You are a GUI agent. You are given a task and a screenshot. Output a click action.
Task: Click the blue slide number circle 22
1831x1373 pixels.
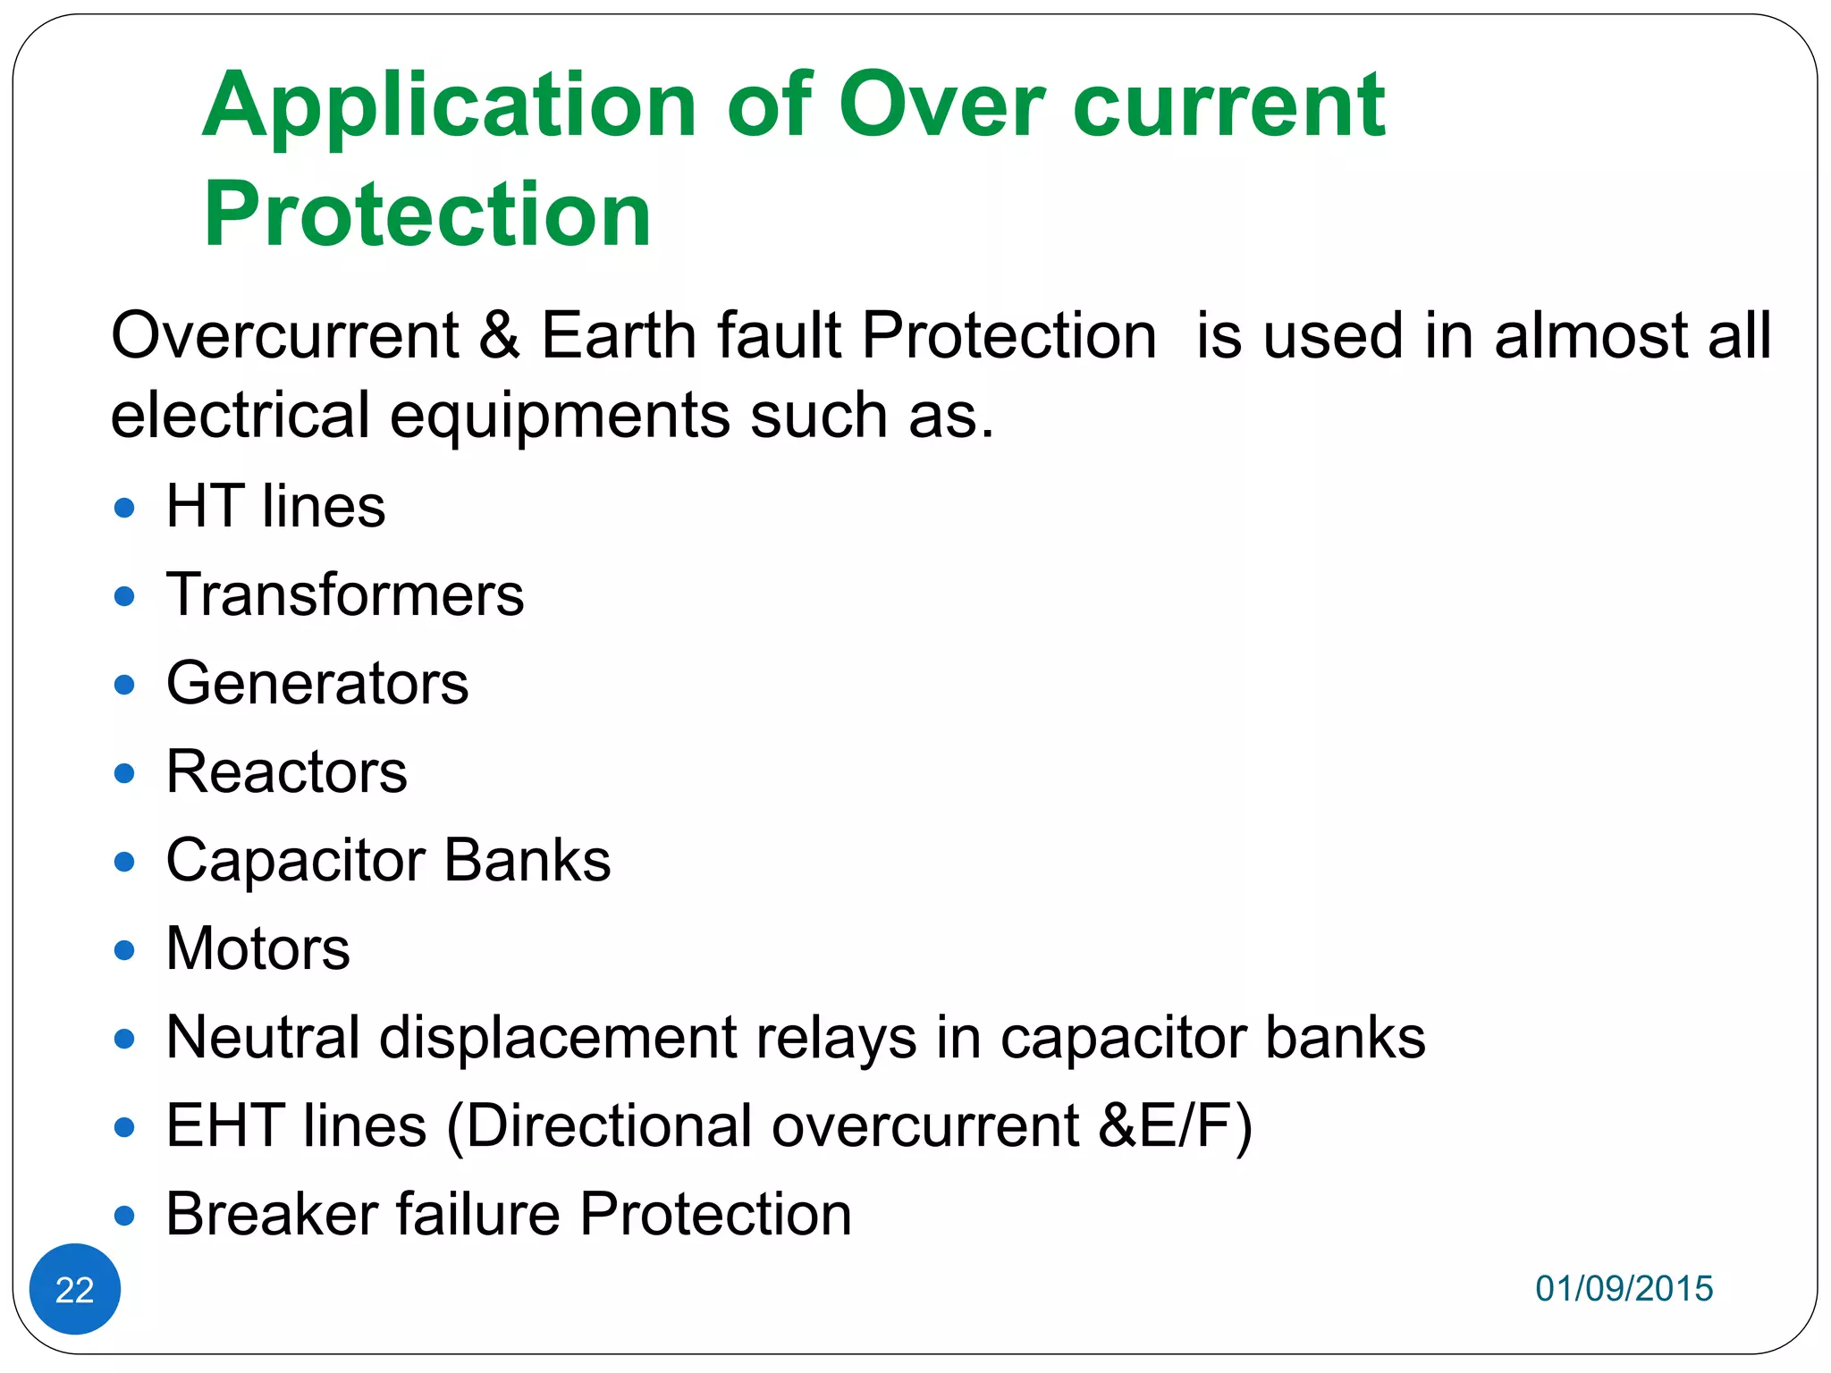[75, 1288]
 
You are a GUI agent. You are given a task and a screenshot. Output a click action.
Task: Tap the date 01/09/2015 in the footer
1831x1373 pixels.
[1624, 1288]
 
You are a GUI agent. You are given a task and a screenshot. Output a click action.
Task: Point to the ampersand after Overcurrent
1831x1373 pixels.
[499, 335]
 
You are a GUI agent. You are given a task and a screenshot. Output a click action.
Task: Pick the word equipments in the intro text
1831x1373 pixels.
[560, 417]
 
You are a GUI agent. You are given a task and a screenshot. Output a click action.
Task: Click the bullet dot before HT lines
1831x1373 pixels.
[125, 509]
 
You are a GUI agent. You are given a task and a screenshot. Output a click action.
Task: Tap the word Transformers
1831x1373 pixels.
[345, 594]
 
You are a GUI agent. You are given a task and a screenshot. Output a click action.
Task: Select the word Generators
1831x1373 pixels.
[317, 683]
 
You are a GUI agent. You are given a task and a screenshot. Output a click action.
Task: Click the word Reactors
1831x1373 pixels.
[287, 771]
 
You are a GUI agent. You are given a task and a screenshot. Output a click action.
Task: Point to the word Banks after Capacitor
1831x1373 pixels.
[527, 860]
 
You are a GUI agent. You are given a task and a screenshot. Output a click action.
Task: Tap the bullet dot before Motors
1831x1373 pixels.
[125, 949]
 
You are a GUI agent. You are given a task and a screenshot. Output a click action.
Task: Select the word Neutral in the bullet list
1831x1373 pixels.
[263, 1037]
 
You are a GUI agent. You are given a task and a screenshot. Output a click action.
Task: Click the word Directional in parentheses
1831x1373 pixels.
[609, 1125]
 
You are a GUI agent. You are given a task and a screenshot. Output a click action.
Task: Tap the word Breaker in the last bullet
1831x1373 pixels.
[272, 1214]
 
